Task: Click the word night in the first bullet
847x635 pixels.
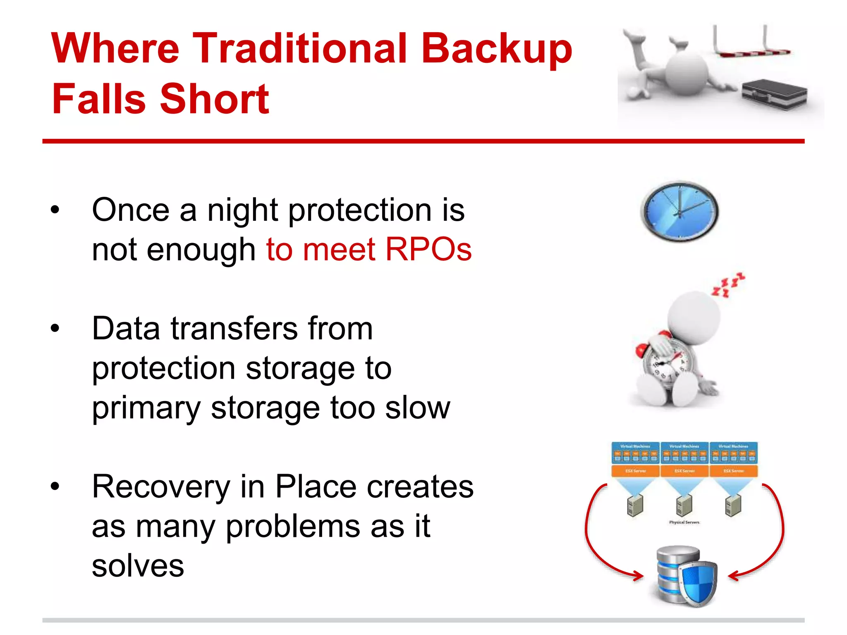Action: click(x=242, y=210)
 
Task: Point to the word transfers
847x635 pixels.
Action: click(x=234, y=329)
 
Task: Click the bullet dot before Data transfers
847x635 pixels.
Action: click(x=55, y=329)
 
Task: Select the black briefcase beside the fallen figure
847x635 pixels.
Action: click(x=773, y=94)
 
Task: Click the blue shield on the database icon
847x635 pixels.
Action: click(x=698, y=583)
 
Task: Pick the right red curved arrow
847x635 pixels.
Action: click(x=773, y=537)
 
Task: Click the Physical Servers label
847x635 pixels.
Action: click(x=684, y=523)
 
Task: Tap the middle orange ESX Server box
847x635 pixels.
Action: click(x=684, y=471)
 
